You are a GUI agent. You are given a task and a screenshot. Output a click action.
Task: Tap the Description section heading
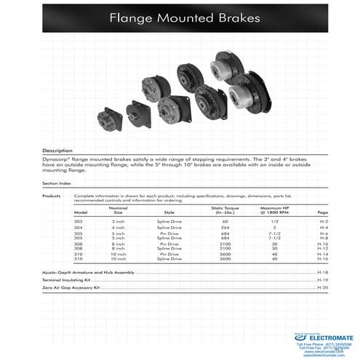coord(57,150)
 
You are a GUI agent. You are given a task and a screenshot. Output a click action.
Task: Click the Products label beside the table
coord(51,196)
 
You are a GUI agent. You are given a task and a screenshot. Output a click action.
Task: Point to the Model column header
coord(81,212)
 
